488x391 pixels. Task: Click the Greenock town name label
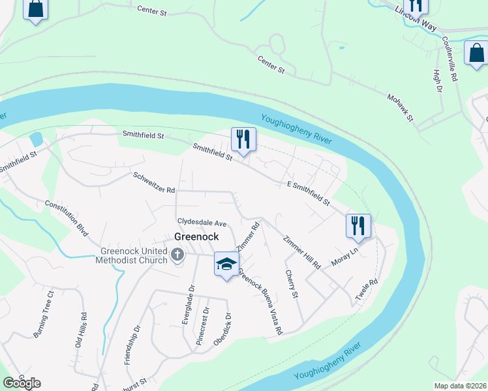pyautogui.click(x=196, y=237)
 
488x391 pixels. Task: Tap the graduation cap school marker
pyautogui.click(x=226, y=264)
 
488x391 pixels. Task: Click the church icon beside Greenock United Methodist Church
pyautogui.click(x=177, y=255)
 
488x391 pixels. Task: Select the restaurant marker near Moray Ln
pyautogui.click(x=358, y=226)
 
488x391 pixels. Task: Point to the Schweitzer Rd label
pyautogui.click(x=154, y=182)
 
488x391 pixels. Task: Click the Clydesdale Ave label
pyautogui.click(x=202, y=223)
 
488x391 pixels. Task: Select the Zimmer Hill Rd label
pyautogui.click(x=302, y=252)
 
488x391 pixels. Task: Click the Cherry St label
pyautogui.click(x=290, y=285)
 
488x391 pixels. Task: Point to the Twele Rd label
pyautogui.click(x=367, y=291)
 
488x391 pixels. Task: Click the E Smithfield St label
pyautogui.click(x=308, y=194)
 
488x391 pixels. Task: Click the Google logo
pyautogui.click(x=22, y=383)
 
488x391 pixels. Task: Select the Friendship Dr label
pyautogui.click(x=132, y=345)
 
